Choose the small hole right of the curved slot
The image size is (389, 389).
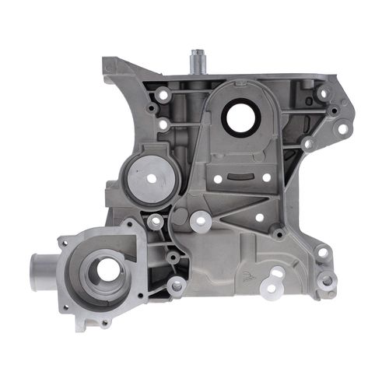(x=267, y=178)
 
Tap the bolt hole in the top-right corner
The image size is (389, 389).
(x=324, y=93)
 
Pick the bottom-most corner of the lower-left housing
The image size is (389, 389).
(x=82, y=328)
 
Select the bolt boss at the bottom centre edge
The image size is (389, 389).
(x=177, y=286)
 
